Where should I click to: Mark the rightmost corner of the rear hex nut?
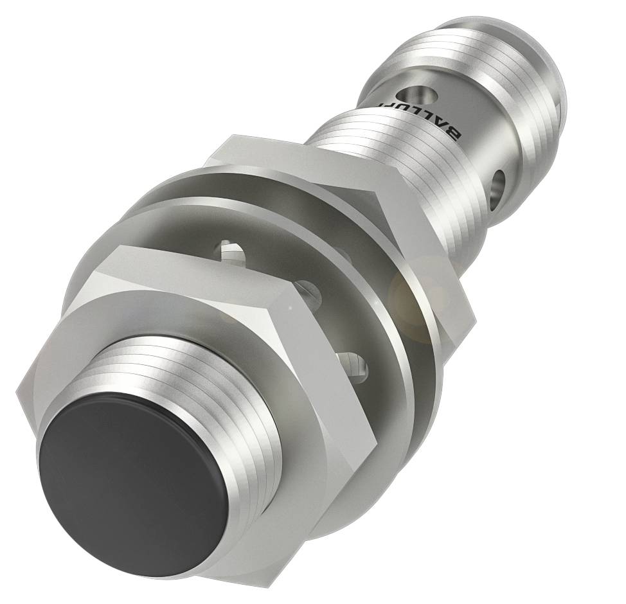tap(472, 315)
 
